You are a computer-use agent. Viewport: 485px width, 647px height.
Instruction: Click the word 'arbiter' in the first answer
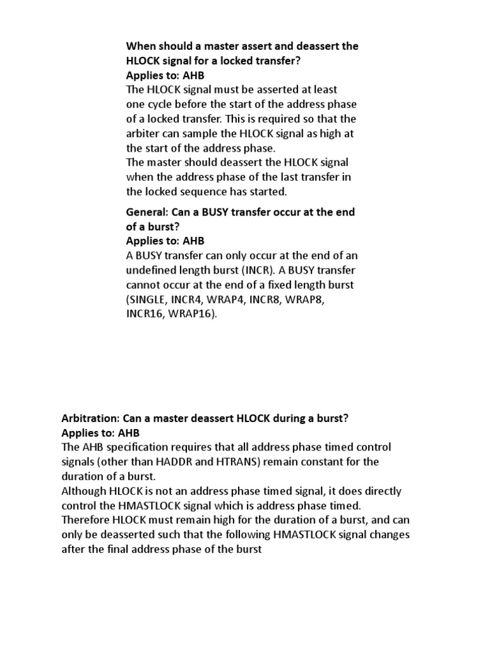(143, 133)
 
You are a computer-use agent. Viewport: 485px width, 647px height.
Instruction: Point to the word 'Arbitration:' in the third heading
(90, 418)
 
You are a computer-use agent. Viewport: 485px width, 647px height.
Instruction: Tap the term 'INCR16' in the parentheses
(145, 314)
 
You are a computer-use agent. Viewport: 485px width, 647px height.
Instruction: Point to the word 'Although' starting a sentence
(84, 491)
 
